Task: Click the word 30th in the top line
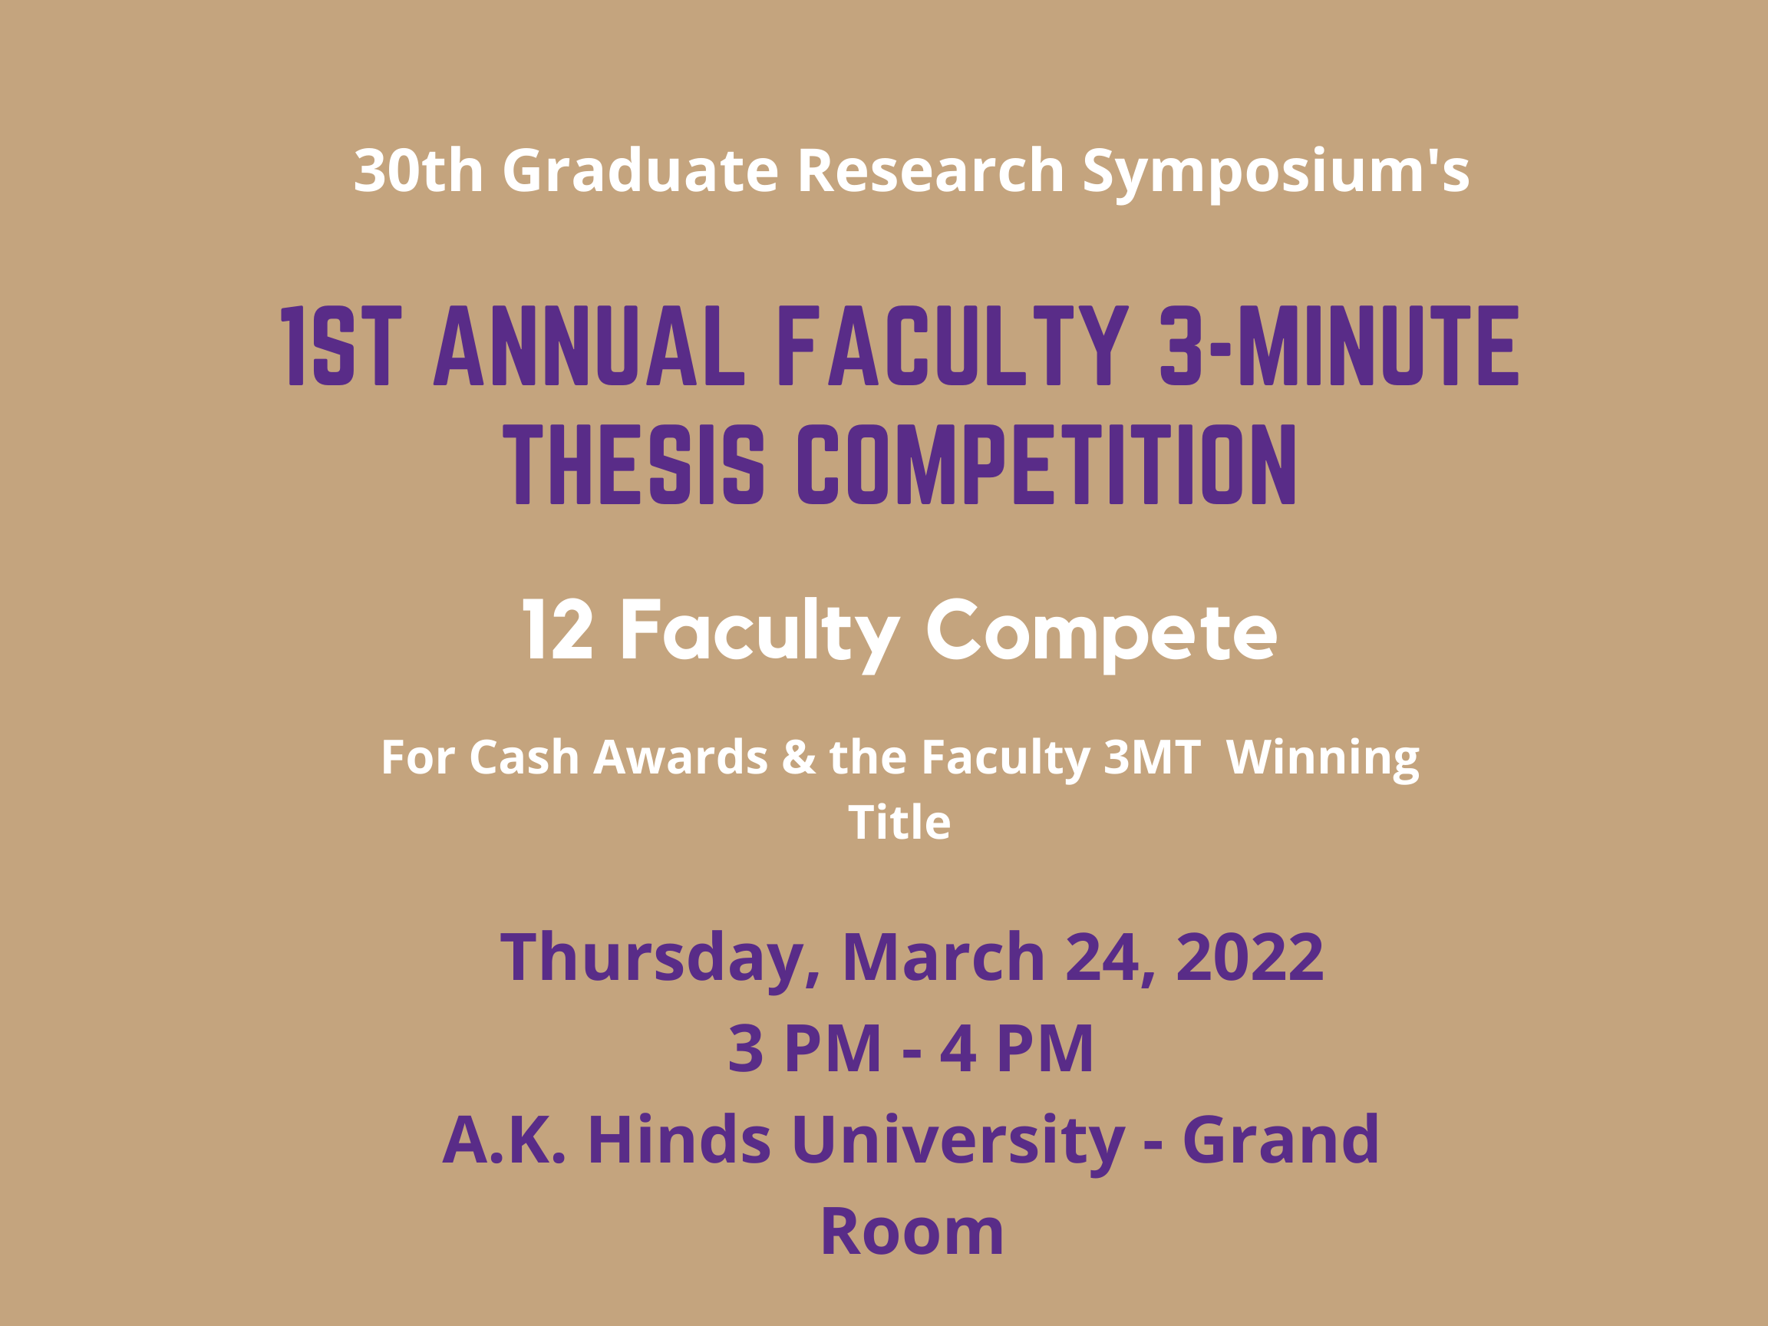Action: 419,170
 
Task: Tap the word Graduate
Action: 640,170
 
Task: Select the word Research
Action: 930,170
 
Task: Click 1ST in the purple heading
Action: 341,345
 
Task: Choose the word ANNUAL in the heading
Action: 589,345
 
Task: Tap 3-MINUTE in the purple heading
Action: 1339,345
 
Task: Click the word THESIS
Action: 634,464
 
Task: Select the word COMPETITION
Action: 1046,464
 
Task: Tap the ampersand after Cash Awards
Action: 800,756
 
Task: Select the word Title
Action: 899,822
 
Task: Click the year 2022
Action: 1250,957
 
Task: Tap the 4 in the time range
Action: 958,1049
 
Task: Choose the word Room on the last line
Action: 912,1232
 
